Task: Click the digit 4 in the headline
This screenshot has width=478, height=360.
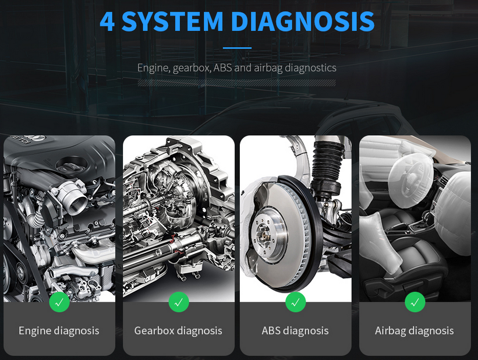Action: pyautogui.click(x=107, y=22)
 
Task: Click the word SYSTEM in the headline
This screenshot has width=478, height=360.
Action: pyautogui.click(x=172, y=22)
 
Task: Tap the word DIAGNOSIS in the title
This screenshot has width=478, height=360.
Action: pyautogui.click(x=302, y=22)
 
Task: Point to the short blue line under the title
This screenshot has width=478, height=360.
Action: pyautogui.click(x=237, y=48)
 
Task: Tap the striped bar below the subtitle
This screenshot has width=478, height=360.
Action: pyautogui.click(x=236, y=83)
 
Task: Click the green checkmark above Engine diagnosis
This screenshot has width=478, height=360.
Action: pyautogui.click(x=59, y=302)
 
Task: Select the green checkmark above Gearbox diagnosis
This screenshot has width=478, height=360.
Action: pyautogui.click(x=179, y=302)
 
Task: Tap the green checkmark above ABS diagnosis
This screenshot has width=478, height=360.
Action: pyautogui.click(x=295, y=302)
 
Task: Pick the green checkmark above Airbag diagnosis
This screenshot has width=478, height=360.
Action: pyautogui.click(x=415, y=302)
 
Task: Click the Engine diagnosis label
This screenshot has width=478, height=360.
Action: pyautogui.click(x=59, y=331)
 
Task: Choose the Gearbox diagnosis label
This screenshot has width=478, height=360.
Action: pyautogui.click(x=178, y=331)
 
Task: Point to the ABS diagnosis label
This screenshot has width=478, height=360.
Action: pyautogui.click(x=295, y=331)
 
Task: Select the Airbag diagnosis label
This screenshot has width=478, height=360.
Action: pyautogui.click(x=415, y=331)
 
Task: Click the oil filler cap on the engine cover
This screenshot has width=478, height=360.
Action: pyautogui.click(x=72, y=167)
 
